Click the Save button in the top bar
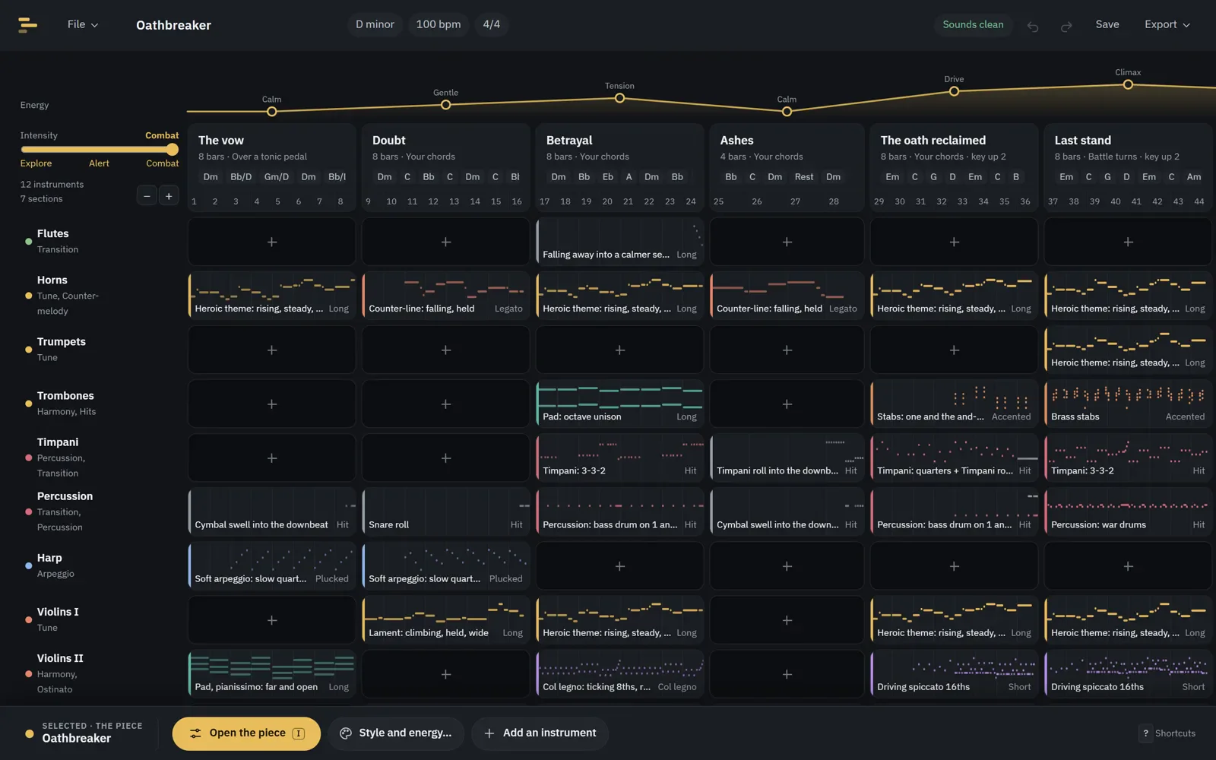(1107, 24)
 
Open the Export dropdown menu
(1167, 24)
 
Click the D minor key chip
(375, 24)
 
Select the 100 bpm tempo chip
(438, 24)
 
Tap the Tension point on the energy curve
(619, 98)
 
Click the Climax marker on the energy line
(1128, 84)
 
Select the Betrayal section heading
(569, 140)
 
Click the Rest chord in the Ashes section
(804, 177)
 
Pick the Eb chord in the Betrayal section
(607, 177)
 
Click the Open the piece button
(246, 733)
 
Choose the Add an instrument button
(540, 733)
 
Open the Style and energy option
(396, 733)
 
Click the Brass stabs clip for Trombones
(1128, 404)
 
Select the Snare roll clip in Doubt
(445, 512)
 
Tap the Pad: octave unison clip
(619, 404)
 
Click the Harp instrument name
(49, 558)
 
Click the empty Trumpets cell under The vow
(272, 350)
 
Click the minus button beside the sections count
(147, 196)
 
